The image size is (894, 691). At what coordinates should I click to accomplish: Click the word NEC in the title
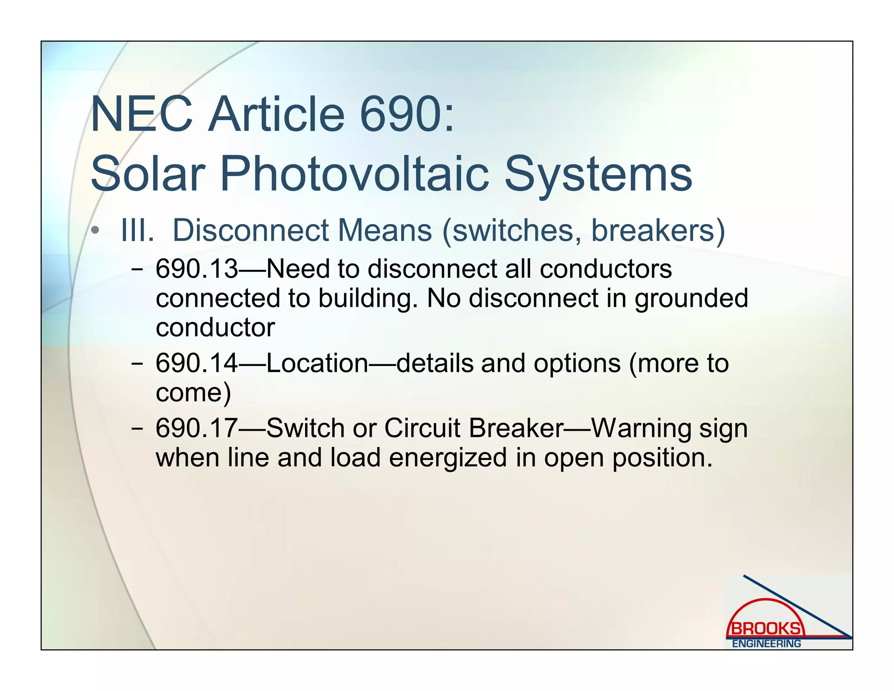pyautogui.click(x=141, y=114)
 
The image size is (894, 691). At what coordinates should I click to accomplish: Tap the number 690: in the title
pyautogui.click(x=407, y=114)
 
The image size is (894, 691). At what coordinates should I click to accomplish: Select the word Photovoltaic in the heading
pyautogui.click(x=354, y=174)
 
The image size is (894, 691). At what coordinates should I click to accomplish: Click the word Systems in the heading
pyautogui.click(x=598, y=174)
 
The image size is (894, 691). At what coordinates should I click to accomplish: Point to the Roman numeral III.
pyautogui.click(x=138, y=230)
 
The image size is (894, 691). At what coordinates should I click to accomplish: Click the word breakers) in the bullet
pyautogui.click(x=657, y=230)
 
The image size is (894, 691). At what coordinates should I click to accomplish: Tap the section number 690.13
pyautogui.click(x=197, y=269)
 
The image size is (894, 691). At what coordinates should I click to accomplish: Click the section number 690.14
pyautogui.click(x=197, y=363)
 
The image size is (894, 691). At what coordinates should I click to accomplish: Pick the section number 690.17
pyautogui.click(x=197, y=428)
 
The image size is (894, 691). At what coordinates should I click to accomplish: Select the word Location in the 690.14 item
pyautogui.click(x=317, y=363)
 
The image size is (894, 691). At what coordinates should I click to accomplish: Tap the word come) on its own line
pyautogui.click(x=193, y=393)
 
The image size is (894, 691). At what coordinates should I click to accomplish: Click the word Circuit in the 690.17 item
pyautogui.click(x=422, y=428)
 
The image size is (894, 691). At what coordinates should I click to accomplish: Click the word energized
pyautogui.click(x=448, y=458)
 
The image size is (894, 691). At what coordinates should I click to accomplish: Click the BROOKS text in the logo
pyautogui.click(x=766, y=629)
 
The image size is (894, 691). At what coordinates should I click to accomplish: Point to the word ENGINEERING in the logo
pyautogui.click(x=766, y=643)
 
